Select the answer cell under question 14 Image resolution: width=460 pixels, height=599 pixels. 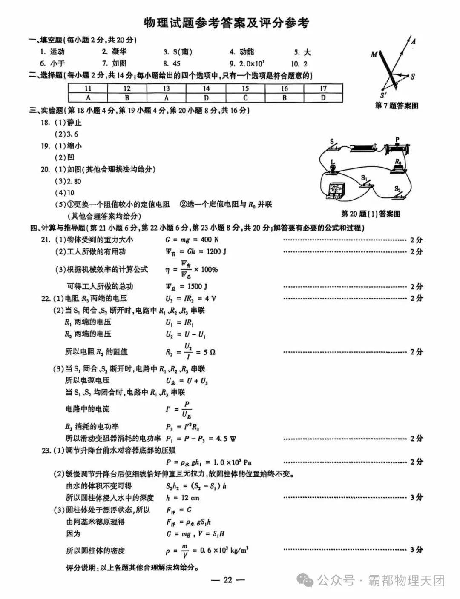tap(206, 97)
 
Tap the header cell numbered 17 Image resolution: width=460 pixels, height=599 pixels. tap(323, 88)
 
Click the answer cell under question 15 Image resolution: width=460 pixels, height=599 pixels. tap(245, 97)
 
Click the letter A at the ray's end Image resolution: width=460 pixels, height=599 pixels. tap(413, 41)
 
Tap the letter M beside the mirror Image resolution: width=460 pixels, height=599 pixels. tap(374, 55)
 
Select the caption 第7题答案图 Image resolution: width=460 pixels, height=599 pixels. tap(396, 106)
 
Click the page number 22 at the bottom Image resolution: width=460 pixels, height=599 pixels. tap(228, 579)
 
